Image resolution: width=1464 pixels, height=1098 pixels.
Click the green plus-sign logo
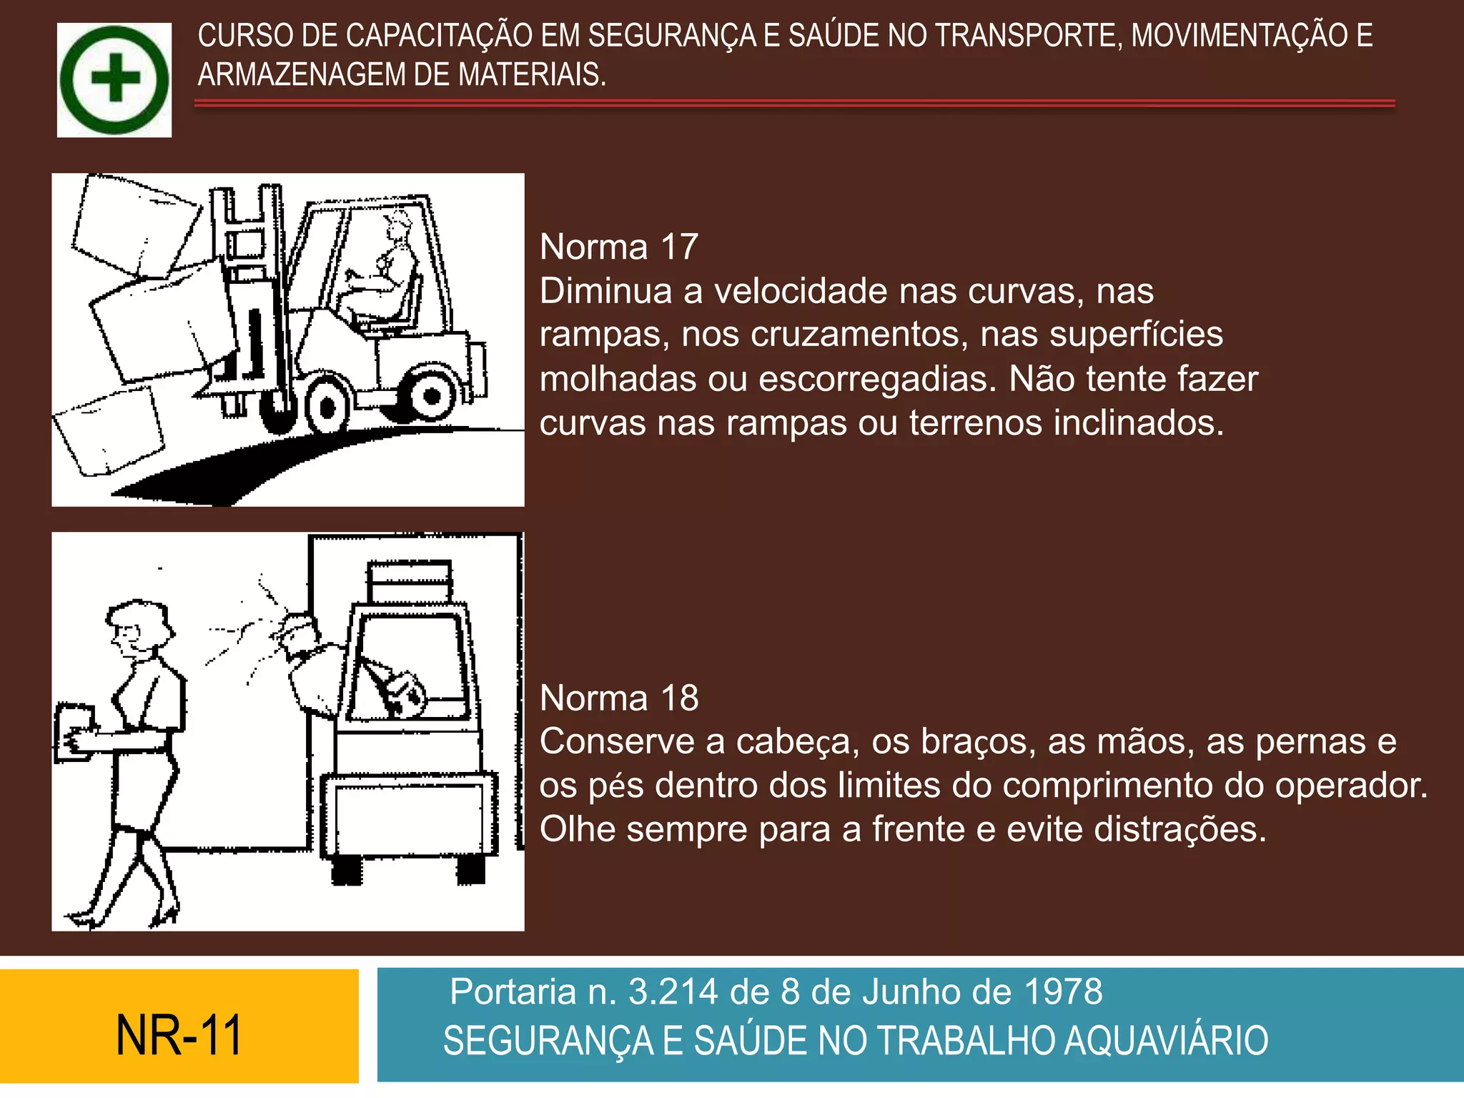(x=114, y=79)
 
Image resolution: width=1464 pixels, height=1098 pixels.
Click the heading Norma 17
(x=618, y=247)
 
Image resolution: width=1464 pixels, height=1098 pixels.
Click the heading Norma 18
(x=618, y=698)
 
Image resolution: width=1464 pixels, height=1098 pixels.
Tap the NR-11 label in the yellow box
(x=179, y=1035)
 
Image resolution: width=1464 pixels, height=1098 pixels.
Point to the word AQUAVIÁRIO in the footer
(x=1166, y=1041)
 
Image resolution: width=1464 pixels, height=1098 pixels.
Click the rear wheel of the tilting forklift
(x=431, y=395)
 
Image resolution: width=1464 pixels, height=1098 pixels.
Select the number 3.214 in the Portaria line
(x=672, y=992)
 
